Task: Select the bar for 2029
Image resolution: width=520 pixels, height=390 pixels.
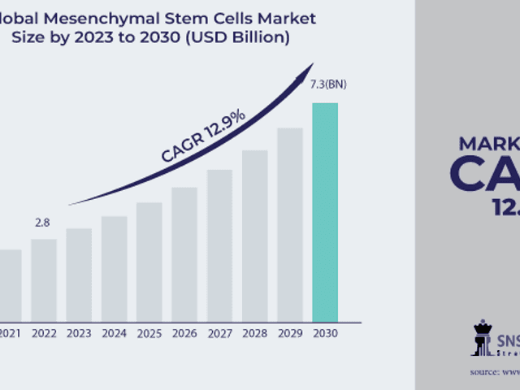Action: tap(290, 224)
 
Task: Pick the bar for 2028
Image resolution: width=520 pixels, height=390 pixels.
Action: tap(254, 235)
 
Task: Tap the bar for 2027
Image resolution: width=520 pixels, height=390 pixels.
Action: tap(219, 245)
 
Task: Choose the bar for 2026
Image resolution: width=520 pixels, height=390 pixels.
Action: tap(184, 253)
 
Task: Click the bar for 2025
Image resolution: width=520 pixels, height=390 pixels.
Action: tap(149, 261)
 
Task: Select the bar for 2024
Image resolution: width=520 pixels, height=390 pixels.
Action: tap(115, 268)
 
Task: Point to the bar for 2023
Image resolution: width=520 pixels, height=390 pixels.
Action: tap(79, 274)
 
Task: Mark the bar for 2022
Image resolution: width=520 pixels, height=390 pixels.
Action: tap(44, 279)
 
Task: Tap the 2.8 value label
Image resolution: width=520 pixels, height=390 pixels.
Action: tap(43, 222)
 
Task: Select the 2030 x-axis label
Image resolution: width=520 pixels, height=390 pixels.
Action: tap(325, 333)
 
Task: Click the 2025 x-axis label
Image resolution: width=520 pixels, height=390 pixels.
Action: tap(149, 333)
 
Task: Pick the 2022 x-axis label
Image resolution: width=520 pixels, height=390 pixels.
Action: tap(44, 333)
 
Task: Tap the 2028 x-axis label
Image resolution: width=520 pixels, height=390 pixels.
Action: tap(254, 333)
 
